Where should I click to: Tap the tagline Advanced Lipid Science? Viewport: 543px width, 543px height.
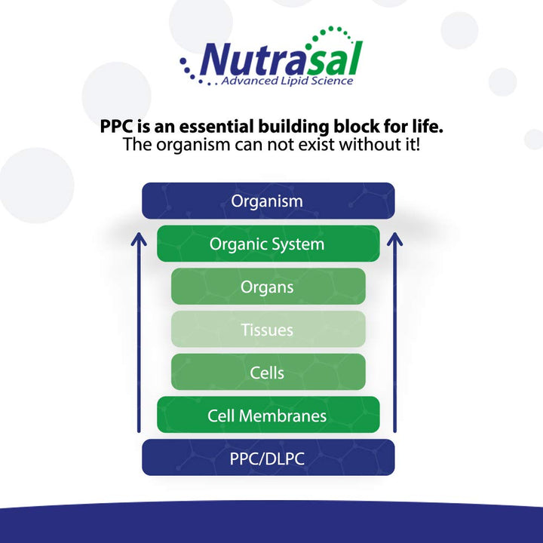click(x=287, y=80)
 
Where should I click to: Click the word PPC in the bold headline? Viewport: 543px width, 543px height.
click(x=117, y=125)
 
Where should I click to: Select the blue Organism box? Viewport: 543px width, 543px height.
click(x=268, y=201)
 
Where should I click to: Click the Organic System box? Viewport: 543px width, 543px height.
click(x=268, y=244)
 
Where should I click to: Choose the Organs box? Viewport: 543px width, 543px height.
click(x=268, y=287)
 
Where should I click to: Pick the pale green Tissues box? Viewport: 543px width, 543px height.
click(x=268, y=330)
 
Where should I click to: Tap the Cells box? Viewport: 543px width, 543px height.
click(x=268, y=373)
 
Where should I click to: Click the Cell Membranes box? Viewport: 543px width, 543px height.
click(x=268, y=416)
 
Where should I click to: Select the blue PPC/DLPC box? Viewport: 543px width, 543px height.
click(x=268, y=458)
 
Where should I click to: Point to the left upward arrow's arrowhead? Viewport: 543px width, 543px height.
click(x=139, y=240)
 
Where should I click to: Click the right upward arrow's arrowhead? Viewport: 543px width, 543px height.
click(x=395, y=240)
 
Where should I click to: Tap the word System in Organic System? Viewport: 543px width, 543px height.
click(x=299, y=244)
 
